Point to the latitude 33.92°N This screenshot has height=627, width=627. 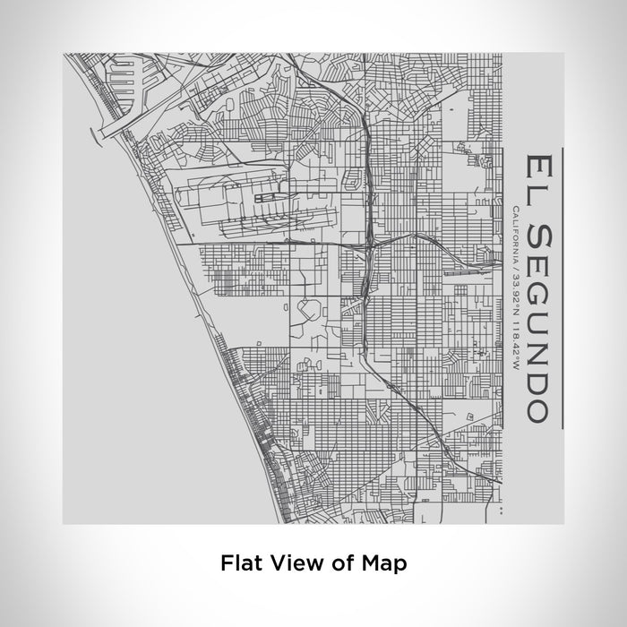(x=516, y=289)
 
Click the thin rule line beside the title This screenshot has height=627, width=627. (x=560, y=287)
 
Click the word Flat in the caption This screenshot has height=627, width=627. (x=237, y=563)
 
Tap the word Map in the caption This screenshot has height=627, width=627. (x=387, y=563)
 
